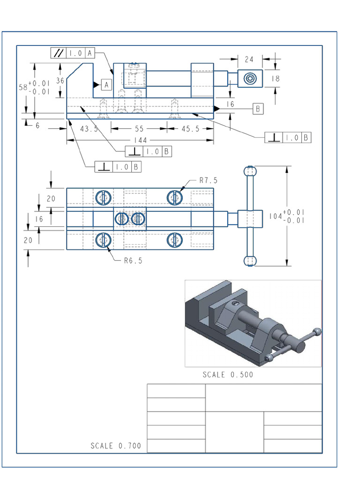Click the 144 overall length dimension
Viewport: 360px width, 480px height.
[x=140, y=140]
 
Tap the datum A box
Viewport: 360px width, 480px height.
[x=106, y=84]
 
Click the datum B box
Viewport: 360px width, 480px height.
[x=258, y=109]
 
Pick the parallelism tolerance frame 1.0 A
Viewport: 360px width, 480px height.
[x=73, y=53]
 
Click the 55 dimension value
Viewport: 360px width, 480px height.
[x=139, y=128]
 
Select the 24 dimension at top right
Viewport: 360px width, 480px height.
[x=249, y=60]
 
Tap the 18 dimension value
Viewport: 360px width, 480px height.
[x=275, y=79]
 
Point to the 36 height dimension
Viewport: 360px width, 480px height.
[x=60, y=81]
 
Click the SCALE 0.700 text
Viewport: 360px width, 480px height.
[x=116, y=446]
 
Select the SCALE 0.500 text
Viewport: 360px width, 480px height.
[x=228, y=375]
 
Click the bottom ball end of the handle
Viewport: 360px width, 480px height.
[x=250, y=261]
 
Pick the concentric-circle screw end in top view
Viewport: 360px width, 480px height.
[x=250, y=78]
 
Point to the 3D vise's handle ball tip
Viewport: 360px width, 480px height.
[x=317, y=331]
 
